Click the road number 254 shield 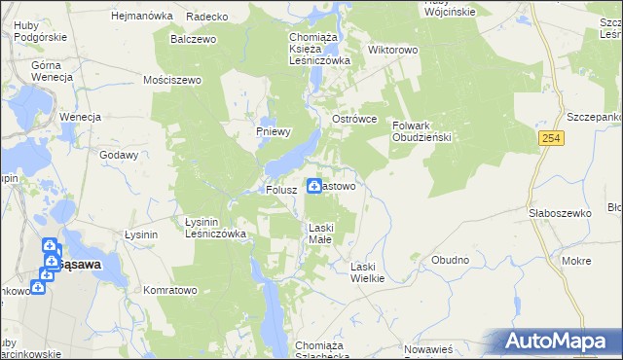click(x=552, y=140)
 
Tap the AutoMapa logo click(x=559, y=342)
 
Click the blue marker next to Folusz click(x=315, y=185)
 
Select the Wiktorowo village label click(x=392, y=48)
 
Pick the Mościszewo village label click(x=171, y=80)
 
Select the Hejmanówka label click(x=142, y=17)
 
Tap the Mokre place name click(x=576, y=261)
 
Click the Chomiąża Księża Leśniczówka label click(x=319, y=49)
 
